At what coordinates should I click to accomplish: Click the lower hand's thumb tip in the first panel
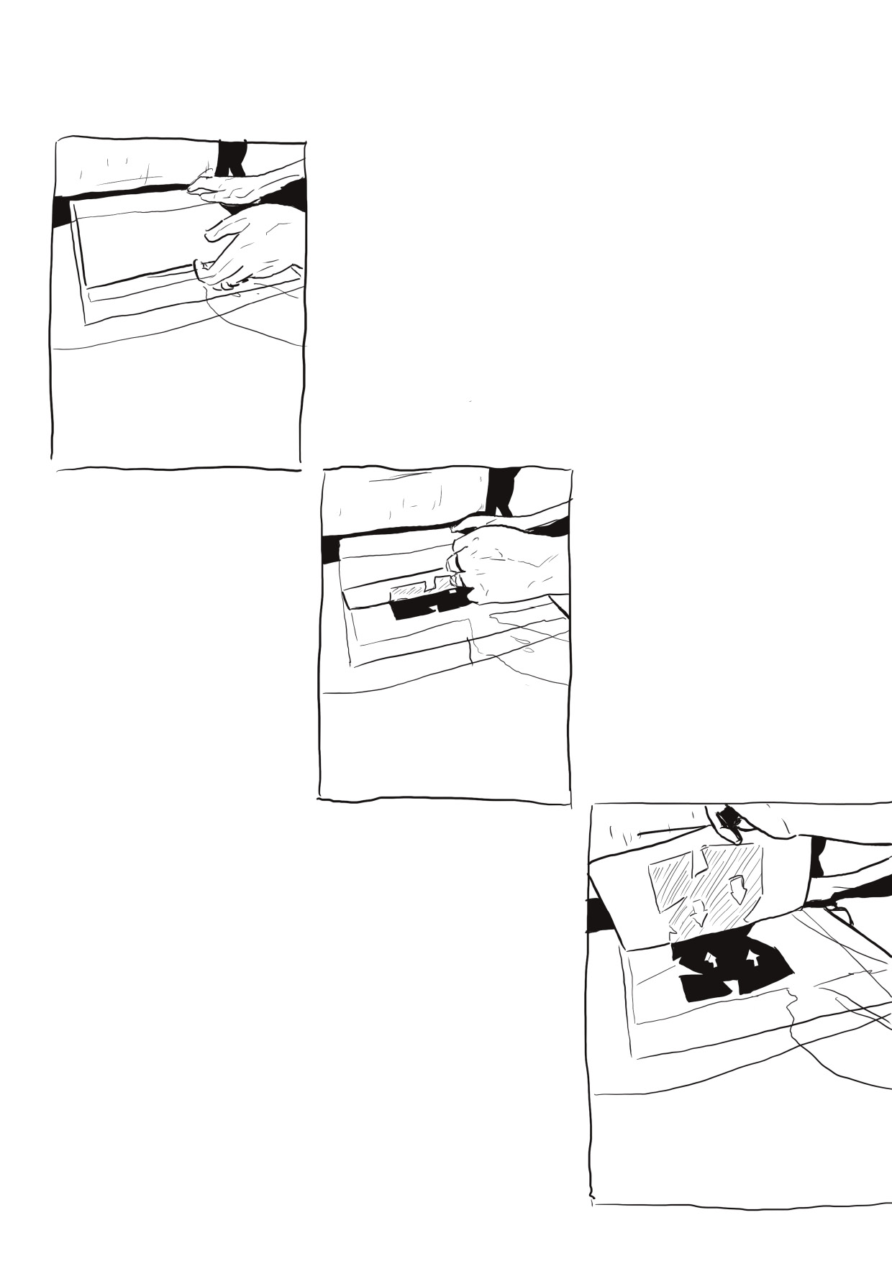[199, 265]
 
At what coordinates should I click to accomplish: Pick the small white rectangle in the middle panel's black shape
[452, 592]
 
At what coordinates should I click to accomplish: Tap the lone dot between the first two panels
[470, 401]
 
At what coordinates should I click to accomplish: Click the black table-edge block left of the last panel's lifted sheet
[599, 917]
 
